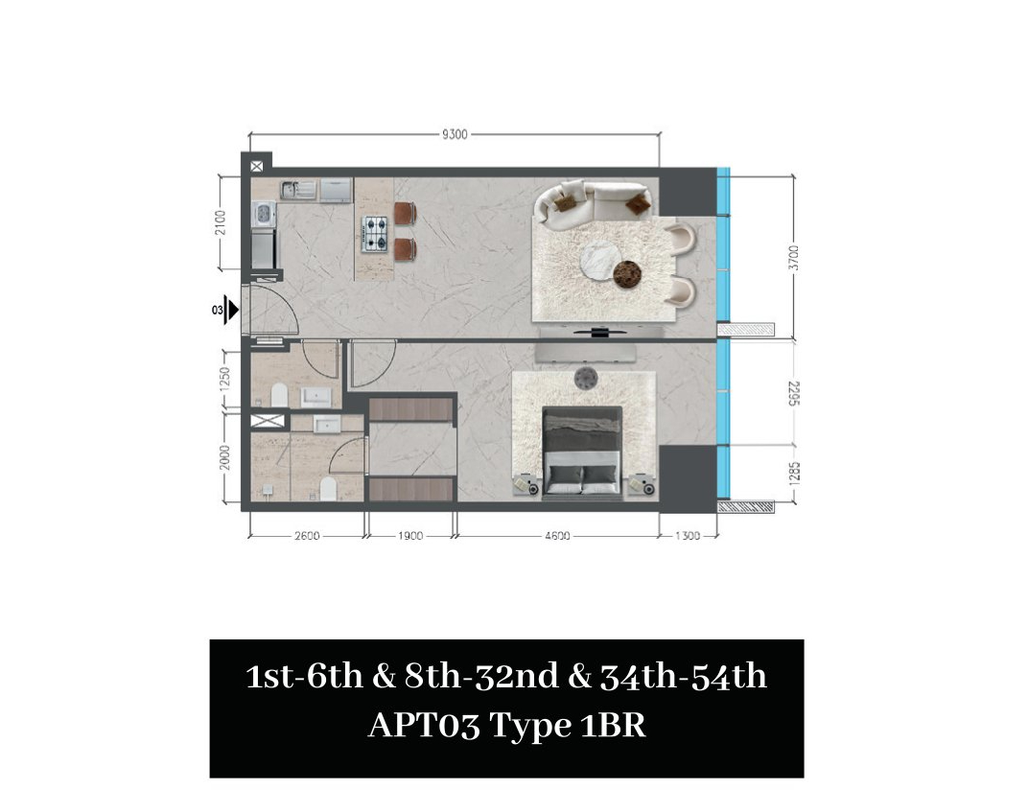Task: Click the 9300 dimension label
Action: tap(455, 134)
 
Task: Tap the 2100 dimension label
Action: tap(221, 222)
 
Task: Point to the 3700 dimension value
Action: tap(794, 258)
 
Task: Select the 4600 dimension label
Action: tap(557, 536)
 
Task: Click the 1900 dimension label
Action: tap(410, 536)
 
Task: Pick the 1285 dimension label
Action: tap(794, 475)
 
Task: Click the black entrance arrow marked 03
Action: tap(232, 310)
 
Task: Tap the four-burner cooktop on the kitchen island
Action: tap(375, 234)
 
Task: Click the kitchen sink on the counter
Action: tap(298, 190)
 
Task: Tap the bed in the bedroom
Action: tap(582, 452)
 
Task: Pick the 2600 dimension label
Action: tap(307, 536)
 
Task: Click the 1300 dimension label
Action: tap(688, 536)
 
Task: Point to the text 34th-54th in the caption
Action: tap(683, 676)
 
